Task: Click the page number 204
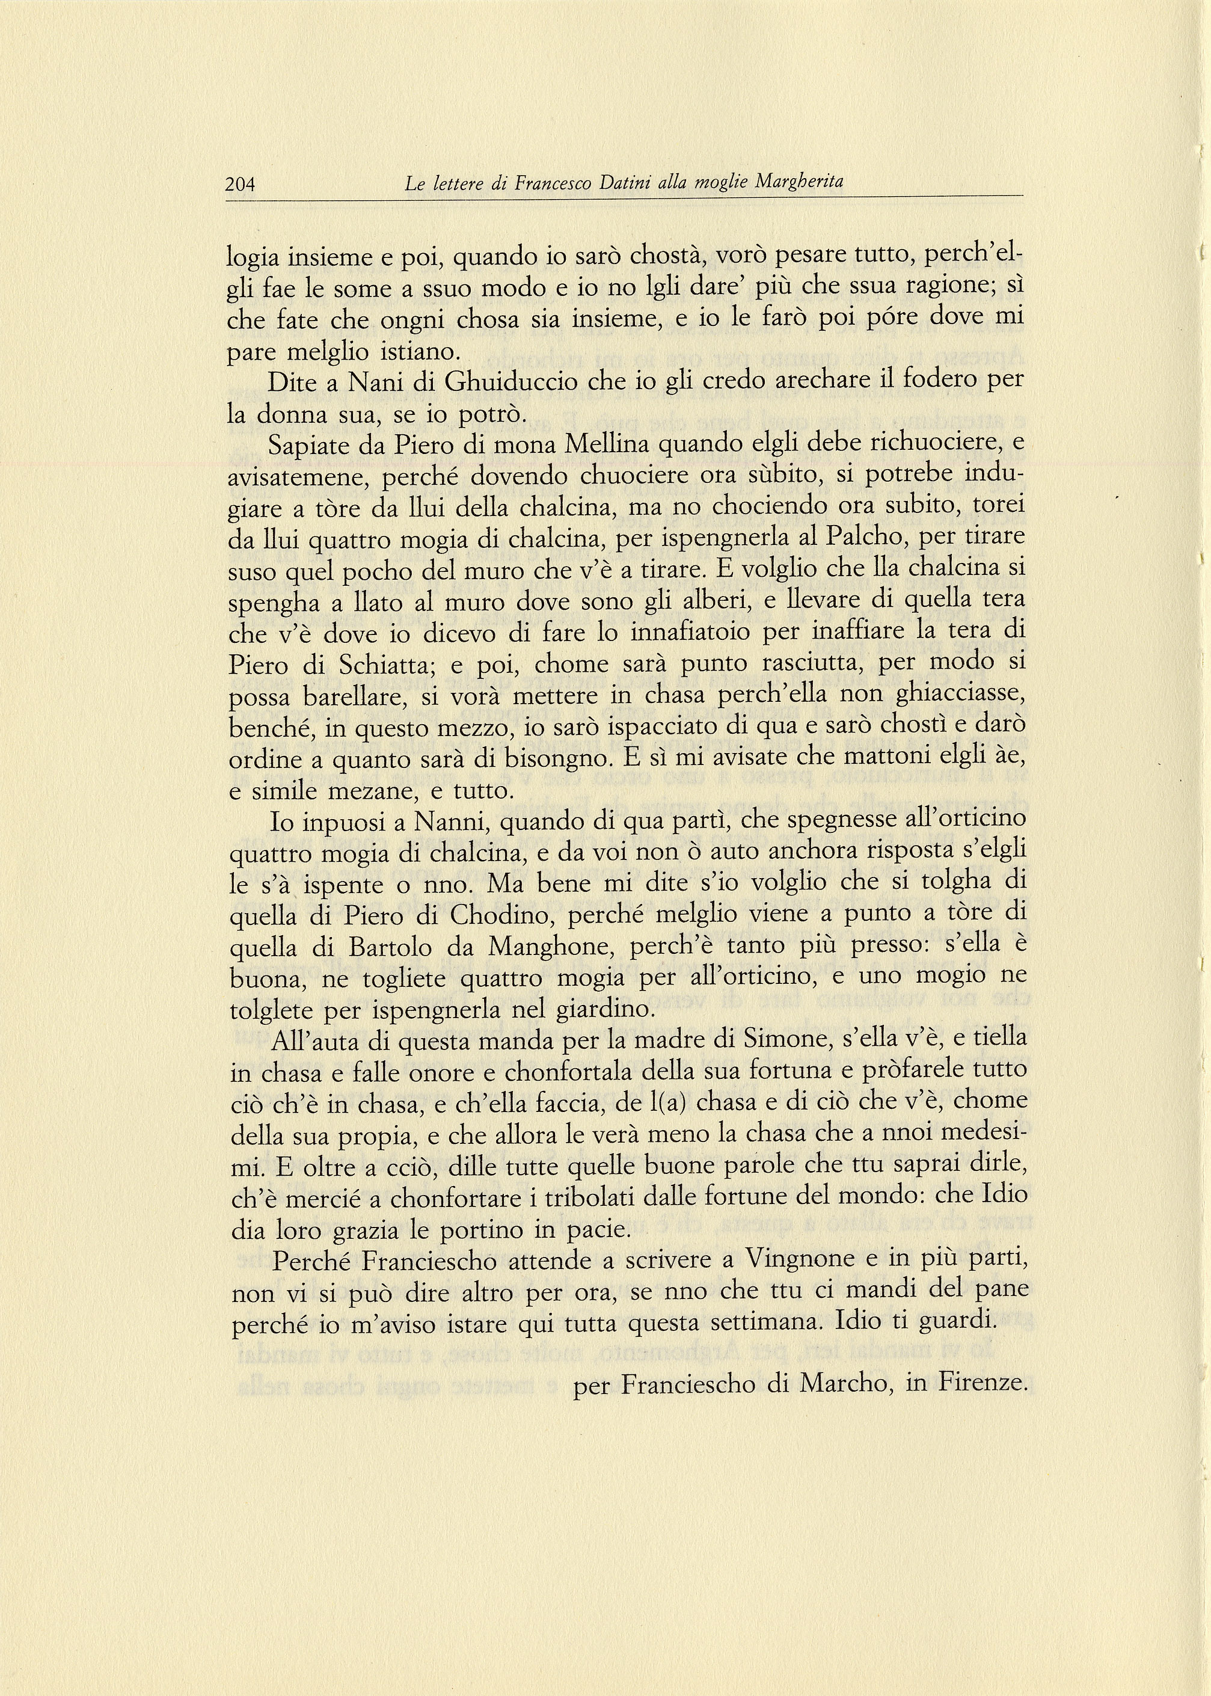coord(240,183)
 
